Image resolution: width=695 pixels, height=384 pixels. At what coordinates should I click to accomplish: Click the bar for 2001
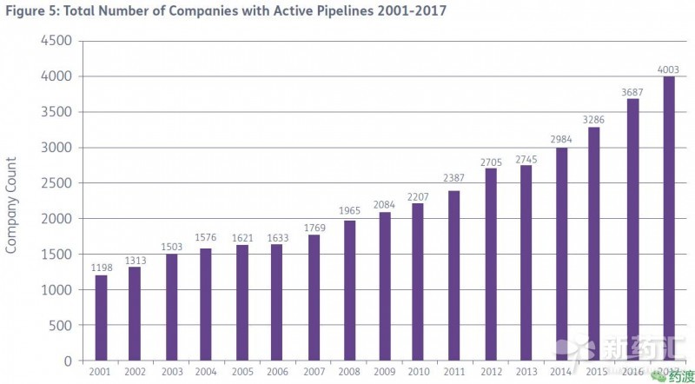point(101,318)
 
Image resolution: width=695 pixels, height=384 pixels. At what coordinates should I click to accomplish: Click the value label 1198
point(101,268)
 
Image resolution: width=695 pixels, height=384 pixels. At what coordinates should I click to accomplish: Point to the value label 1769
point(314,228)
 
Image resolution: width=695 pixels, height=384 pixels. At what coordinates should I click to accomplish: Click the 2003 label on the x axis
point(172,372)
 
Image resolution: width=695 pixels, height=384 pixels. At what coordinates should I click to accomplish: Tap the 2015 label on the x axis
point(598,372)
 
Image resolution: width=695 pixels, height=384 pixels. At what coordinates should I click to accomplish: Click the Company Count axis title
point(11,205)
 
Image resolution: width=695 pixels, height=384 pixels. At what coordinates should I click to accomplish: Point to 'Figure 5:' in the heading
point(30,11)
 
